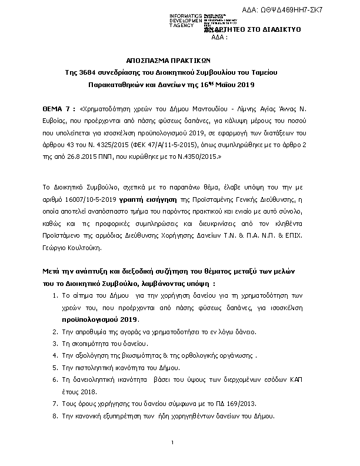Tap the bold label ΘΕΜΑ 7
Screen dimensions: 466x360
[x=59, y=109]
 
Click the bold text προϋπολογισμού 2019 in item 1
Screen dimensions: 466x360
[x=99, y=319]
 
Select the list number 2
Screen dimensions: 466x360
[x=55, y=332]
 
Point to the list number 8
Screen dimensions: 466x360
[x=55, y=416]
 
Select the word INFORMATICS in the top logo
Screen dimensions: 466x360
[x=185, y=15]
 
